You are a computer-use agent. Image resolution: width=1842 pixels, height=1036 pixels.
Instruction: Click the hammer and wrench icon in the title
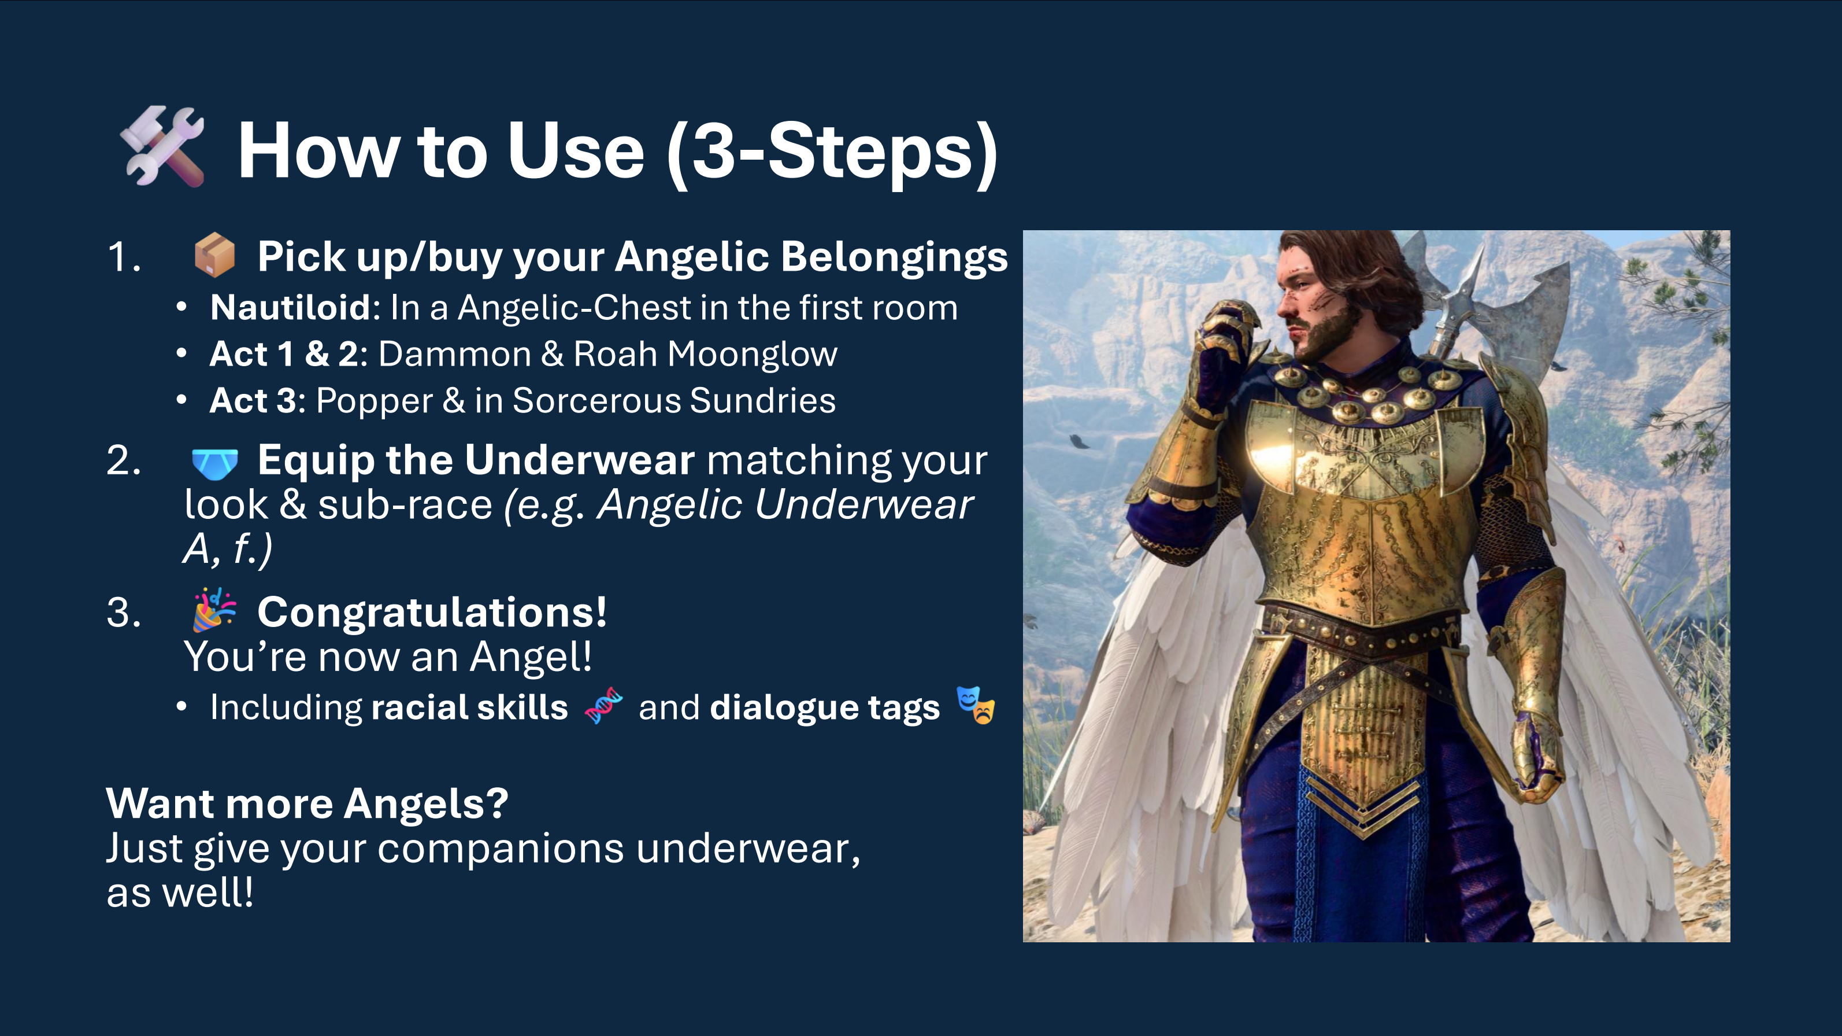pos(164,147)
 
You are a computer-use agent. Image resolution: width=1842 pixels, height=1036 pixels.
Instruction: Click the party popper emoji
pos(214,610)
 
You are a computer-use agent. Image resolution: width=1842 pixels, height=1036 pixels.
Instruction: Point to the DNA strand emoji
pos(603,706)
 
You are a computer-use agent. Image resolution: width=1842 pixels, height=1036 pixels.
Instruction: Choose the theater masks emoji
pos(976,706)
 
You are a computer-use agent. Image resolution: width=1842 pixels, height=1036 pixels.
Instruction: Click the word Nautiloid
pos(290,308)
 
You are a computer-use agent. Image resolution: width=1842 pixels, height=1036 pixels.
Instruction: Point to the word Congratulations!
pos(432,613)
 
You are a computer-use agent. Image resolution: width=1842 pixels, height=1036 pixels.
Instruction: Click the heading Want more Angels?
pos(307,803)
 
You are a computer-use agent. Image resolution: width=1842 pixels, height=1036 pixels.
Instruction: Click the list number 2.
pos(123,460)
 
